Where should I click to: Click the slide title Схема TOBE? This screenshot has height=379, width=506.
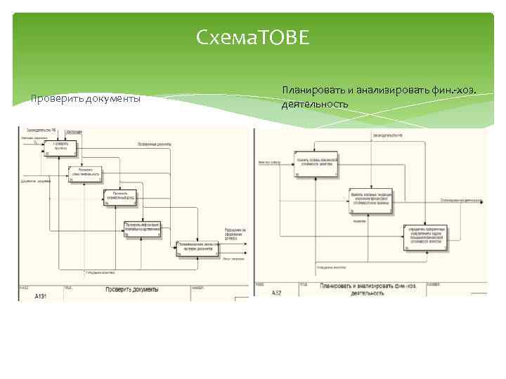pyautogui.click(x=253, y=37)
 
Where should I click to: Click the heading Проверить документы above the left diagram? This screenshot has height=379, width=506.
pyautogui.click(x=86, y=98)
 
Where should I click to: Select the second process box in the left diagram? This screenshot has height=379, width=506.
pyautogui.click(x=85, y=173)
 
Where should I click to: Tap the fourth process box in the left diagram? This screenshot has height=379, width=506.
pyautogui.click(x=143, y=229)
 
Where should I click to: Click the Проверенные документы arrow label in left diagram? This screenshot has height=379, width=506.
pyautogui.click(x=155, y=144)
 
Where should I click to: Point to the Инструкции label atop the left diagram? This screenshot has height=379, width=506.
pyautogui.click(x=74, y=131)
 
